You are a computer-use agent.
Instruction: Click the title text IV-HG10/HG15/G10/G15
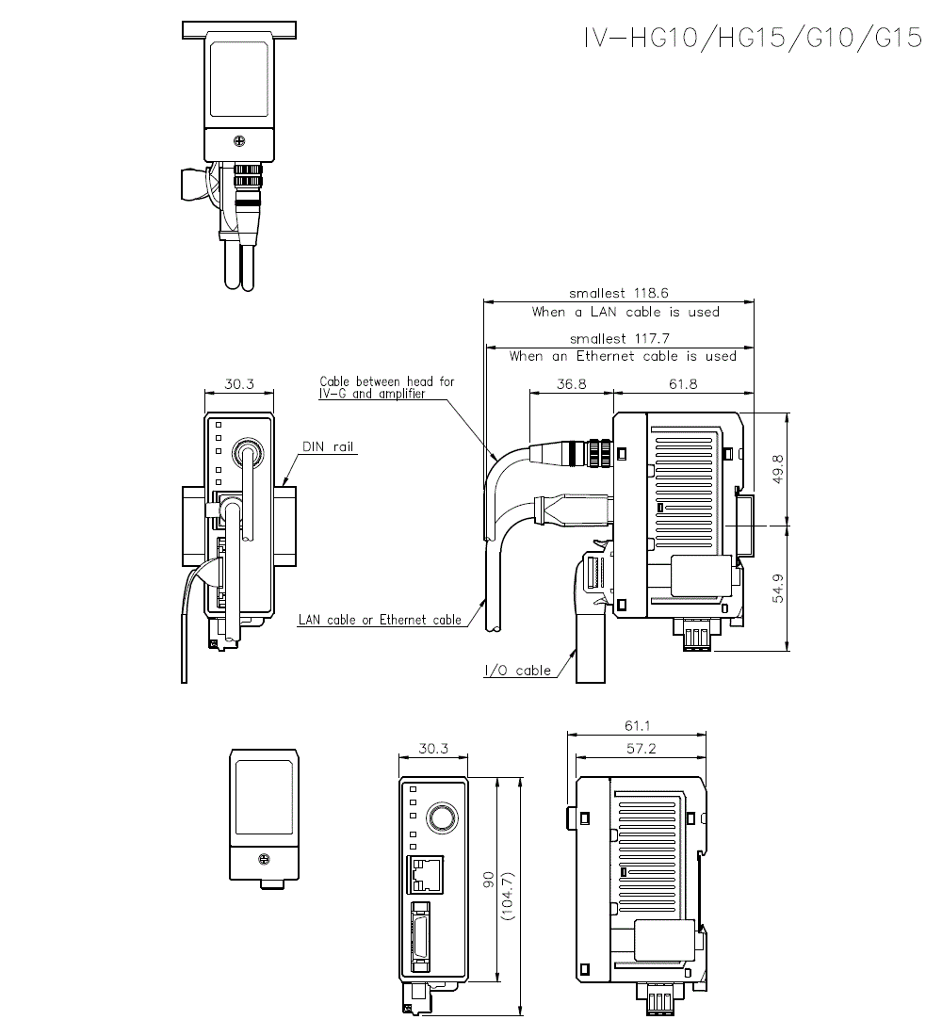pos(752,39)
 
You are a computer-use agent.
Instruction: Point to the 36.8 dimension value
pos(572,384)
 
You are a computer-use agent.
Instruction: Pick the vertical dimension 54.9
pos(778,588)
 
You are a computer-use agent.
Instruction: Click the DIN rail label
pos(328,447)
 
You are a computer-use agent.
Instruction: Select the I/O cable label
pos(517,672)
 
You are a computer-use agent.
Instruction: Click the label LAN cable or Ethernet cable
pos(380,620)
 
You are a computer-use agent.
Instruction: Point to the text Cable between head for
pos(386,381)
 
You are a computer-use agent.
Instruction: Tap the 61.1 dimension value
pos(639,726)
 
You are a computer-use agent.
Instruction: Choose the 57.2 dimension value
pos(639,748)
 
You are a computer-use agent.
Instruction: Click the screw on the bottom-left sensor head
pos(265,859)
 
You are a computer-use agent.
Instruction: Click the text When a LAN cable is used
pos(625,312)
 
